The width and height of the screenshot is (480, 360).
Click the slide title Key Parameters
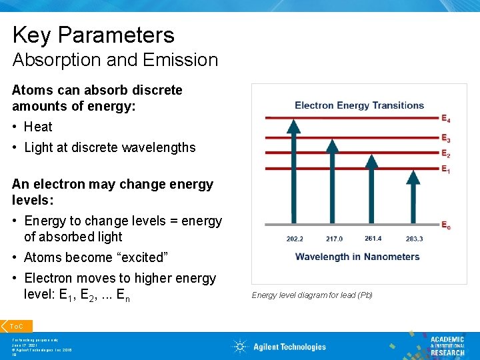point(93,35)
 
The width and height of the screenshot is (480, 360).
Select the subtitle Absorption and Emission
point(115,60)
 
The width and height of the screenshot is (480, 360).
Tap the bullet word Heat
point(38,127)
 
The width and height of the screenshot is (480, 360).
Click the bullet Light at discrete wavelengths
point(109,147)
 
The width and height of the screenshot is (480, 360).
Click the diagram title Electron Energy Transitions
point(359,105)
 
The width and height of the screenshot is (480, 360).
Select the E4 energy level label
point(445,119)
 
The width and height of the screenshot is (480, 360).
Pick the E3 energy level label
point(445,139)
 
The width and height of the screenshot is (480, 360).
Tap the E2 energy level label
point(445,153)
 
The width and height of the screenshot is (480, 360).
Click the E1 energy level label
point(445,170)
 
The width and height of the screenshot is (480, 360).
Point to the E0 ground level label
point(445,226)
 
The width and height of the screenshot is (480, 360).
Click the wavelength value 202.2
point(295,239)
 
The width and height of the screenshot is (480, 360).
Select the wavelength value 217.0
point(334,239)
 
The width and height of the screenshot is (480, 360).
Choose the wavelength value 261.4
point(373,238)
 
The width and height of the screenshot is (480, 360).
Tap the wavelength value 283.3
point(414,239)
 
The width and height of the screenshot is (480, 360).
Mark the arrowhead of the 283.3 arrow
point(413,177)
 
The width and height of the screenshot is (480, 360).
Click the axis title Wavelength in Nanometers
point(357,257)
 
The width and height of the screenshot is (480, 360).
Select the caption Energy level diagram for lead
point(311,295)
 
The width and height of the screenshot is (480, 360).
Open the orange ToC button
point(16,326)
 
